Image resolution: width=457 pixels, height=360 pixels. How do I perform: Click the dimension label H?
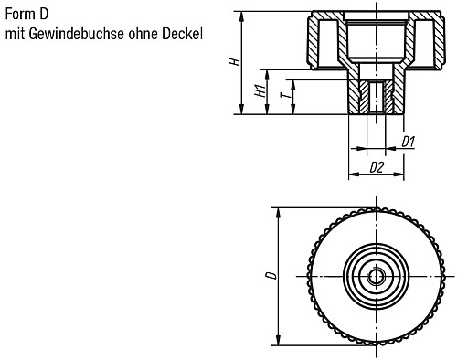pyautogui.click(x=235, y=62)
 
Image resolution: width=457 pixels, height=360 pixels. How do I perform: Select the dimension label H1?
pyautogui.click(x=260, y=91)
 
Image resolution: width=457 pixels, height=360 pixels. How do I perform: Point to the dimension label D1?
pyautogui.click(x=409, y=142)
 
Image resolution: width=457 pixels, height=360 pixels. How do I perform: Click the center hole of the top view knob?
pyautogui.click(x=375, y=275)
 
